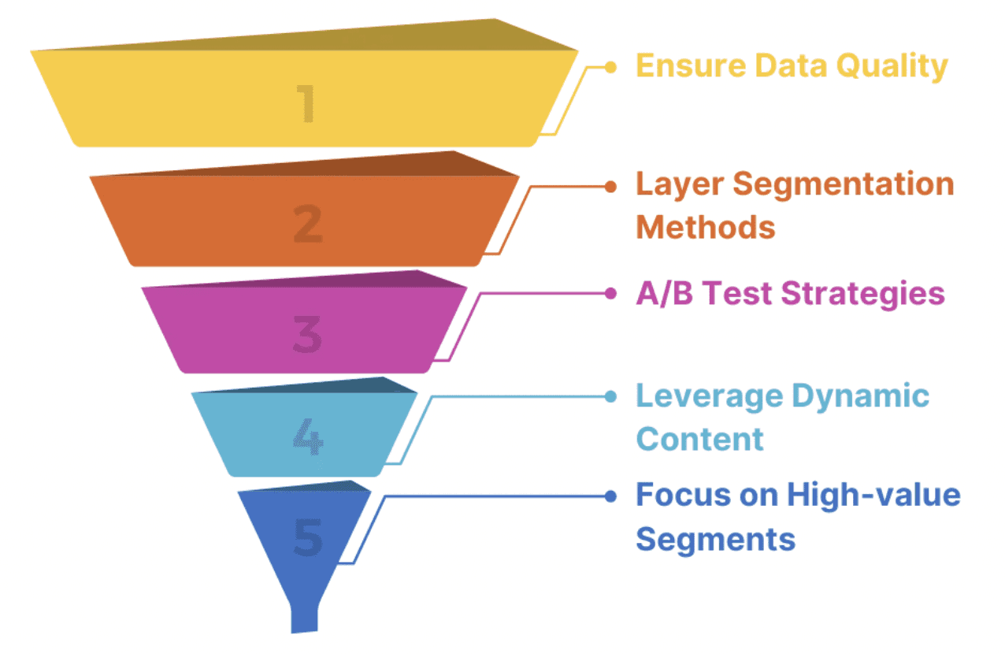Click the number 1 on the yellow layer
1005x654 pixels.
306,104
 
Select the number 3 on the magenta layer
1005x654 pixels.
307,335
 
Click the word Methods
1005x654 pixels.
705,227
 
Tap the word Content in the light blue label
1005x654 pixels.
699,438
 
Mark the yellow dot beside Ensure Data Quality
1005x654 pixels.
610,67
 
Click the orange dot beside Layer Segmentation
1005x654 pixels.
610,186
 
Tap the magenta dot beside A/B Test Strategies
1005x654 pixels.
610,293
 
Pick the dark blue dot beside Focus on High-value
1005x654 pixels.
610,496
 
